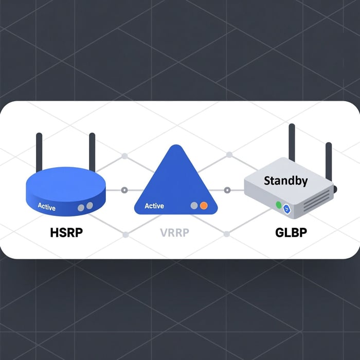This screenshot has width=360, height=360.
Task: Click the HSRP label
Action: coord(66,232)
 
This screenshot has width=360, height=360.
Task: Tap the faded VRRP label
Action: coord(174,233)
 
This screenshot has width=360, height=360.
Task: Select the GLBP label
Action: coord(291,232)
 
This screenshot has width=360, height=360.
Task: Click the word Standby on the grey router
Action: coord(285,181)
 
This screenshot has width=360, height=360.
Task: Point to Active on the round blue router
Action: coord(47,207)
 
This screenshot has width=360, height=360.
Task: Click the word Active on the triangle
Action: coord(154,206)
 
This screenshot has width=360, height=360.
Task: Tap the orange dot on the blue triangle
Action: coord(204,206)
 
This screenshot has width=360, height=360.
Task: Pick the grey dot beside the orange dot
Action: coord(194,206)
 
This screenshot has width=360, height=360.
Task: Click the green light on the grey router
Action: coord(279,205)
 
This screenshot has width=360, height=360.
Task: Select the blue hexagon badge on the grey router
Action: coord(287,209)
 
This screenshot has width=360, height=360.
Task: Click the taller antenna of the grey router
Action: coord(292,142)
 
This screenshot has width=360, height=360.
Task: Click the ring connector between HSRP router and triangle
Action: coord(124,190)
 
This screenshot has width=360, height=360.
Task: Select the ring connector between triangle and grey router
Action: coord(227,190)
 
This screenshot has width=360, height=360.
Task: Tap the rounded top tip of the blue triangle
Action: coord(176,145)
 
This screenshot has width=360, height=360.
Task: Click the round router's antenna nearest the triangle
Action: coord(92,152)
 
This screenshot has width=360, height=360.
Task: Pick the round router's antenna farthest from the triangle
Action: coord(39,152)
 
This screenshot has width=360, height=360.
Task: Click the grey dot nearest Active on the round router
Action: coord(81,208)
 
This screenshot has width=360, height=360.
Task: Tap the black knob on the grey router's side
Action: coord(335,189)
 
